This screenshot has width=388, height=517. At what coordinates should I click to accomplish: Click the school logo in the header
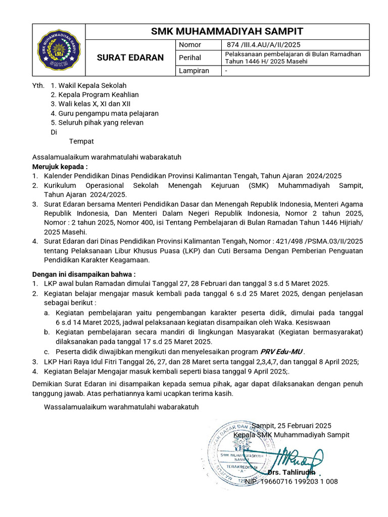pos(59,50)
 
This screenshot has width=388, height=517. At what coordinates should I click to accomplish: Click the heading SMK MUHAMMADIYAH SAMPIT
pos(227,31)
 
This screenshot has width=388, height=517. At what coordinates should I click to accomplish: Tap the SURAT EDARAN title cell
pos(130,58)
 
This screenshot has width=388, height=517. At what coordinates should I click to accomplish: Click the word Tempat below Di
pos(81,141)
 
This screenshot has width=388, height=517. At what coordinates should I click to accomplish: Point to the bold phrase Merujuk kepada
pos(60,166)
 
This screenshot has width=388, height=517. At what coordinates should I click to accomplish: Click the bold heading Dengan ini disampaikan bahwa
pos(84,274)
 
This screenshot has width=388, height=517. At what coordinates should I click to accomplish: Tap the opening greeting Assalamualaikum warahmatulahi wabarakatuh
pos(107,157)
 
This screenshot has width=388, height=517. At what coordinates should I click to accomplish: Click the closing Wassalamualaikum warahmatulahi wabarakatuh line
pos(121,406)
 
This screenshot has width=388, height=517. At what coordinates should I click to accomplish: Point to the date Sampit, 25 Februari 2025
pos(292,426)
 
